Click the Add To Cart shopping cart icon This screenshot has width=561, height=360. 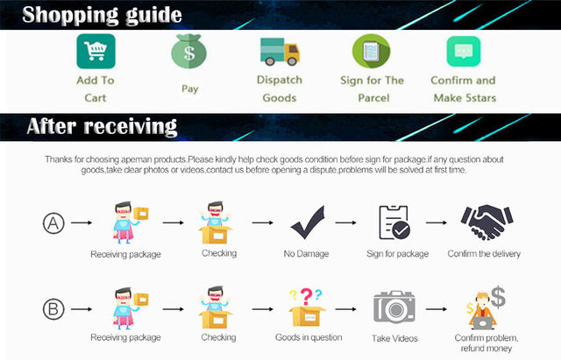tap(96, 51)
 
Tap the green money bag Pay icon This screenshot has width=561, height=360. tap(188, 52)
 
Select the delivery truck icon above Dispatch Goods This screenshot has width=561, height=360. tap(280, 51)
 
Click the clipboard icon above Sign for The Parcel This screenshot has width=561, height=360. tap(371, 52)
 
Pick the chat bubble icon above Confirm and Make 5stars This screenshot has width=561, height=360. tap(464, 52)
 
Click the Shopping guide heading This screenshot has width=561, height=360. tap(103, 15)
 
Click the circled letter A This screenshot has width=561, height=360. tap(53, 223)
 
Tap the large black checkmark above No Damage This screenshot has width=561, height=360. tap(308, 222)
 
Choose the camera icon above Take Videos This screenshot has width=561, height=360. tap(393, 307)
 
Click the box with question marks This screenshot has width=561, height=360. tap(307, 306)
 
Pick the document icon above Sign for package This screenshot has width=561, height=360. tap(394, 223)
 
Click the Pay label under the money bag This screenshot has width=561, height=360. tap(189, 88)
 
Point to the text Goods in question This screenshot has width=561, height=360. tap(307, 337)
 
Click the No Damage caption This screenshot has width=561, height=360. tap(307, 254)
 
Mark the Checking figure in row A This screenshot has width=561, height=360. tap(218, 223)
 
